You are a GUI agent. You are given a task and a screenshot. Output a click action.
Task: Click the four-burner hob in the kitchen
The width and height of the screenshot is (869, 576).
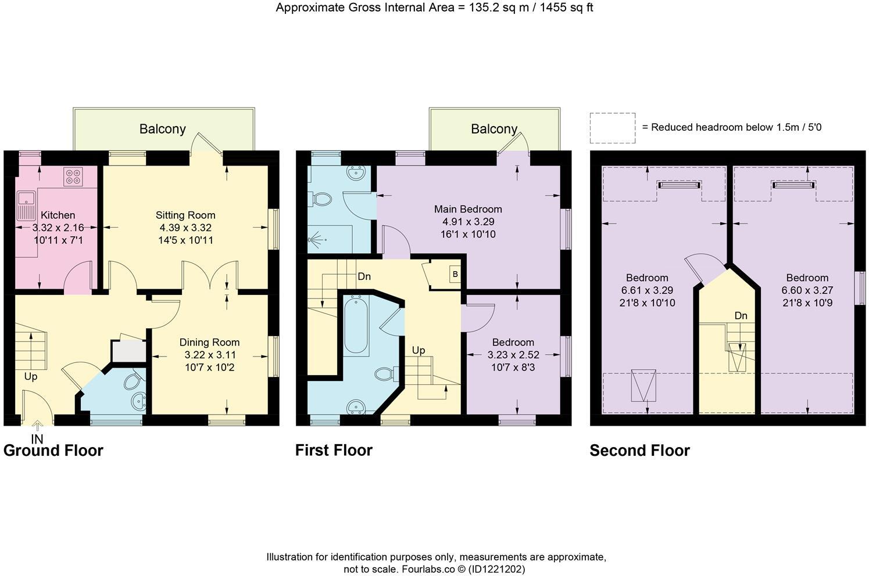(x=73, y=177)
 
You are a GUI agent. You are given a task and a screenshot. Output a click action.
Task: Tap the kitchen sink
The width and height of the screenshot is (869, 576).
(x=26, y=207)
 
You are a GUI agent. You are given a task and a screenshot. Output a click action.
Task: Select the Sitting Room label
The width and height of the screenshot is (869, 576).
(x=185, y=215)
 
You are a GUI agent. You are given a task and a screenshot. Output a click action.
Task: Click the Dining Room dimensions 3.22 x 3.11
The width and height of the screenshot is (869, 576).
(x=210, y=355)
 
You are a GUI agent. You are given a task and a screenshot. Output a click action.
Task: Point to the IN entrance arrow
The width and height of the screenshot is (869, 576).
(x=37, y=426)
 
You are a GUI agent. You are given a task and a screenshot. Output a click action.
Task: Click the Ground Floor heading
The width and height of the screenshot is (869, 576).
(x=53, y=451)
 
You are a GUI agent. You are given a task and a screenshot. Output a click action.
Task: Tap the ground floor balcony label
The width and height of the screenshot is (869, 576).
(x=163, y=129)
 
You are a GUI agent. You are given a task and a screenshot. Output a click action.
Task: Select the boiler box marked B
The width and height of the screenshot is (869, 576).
(x=455, y=274)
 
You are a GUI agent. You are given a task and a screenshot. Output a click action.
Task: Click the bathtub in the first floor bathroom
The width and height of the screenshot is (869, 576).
(x=356, y=325)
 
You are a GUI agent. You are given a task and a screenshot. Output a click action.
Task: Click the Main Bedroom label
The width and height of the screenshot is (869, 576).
(x=468, y=209)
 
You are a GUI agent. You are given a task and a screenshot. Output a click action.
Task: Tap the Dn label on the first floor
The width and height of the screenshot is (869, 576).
(x=364, y=276)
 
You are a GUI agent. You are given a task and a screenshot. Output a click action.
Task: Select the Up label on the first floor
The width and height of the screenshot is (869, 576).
(x=418, y=350)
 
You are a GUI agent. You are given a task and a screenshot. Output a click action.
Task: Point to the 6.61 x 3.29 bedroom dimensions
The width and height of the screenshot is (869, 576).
(x=647, y=290)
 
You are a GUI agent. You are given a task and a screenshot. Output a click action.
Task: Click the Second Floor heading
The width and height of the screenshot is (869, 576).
(x=640, y=451)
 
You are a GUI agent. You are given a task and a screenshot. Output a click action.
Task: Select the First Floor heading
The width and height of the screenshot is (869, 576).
(x=334, y=451)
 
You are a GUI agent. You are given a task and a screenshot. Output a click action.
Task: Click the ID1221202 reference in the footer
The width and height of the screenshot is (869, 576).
(x=496, y=569)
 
